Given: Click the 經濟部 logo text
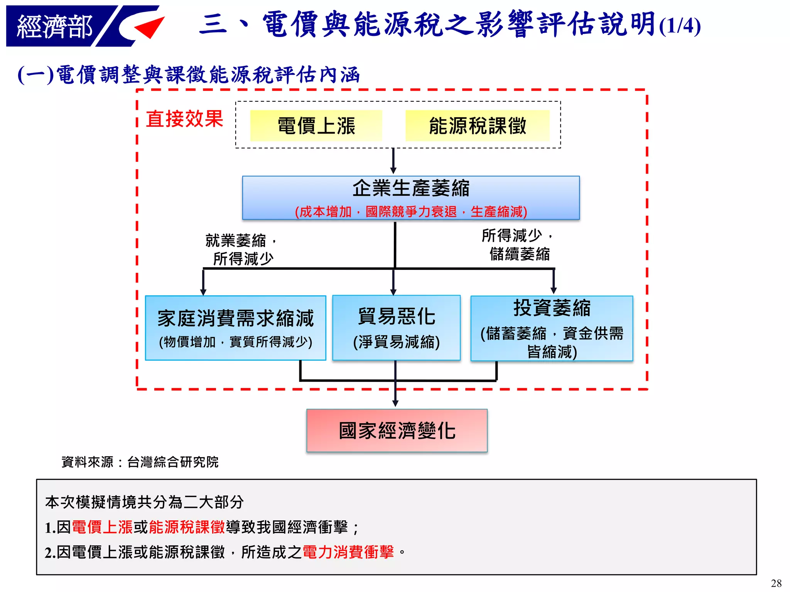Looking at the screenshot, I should (x=54, y=27).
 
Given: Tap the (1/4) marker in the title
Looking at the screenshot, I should (x=680, y=26).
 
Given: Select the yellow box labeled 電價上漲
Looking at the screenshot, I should (x=316, y=126).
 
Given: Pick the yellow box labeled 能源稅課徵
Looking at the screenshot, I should (x=477, y=126).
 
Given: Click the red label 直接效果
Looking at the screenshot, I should (x=184, y=119).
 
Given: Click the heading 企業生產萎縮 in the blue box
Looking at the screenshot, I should (x=411, y=188).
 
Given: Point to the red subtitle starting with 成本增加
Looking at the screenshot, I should (x=411, y=212).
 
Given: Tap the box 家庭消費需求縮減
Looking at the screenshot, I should (x=235, y=328).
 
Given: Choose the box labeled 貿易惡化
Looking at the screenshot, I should (x=396, y=328).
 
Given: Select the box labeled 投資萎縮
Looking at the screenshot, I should (x=552, y=328).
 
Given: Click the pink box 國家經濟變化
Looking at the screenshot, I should (x=397, y=430).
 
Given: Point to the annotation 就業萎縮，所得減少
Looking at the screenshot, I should (x=241, y=249).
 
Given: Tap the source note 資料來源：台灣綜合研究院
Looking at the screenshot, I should (x=140, y=462).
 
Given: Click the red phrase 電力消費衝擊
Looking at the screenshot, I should (x=348, y=552).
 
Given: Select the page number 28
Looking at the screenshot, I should (x=776, y=583).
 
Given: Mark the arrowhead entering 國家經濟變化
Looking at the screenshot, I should (x=395, y=403).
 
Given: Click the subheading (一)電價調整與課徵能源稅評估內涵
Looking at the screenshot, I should (x=189, y=74).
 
